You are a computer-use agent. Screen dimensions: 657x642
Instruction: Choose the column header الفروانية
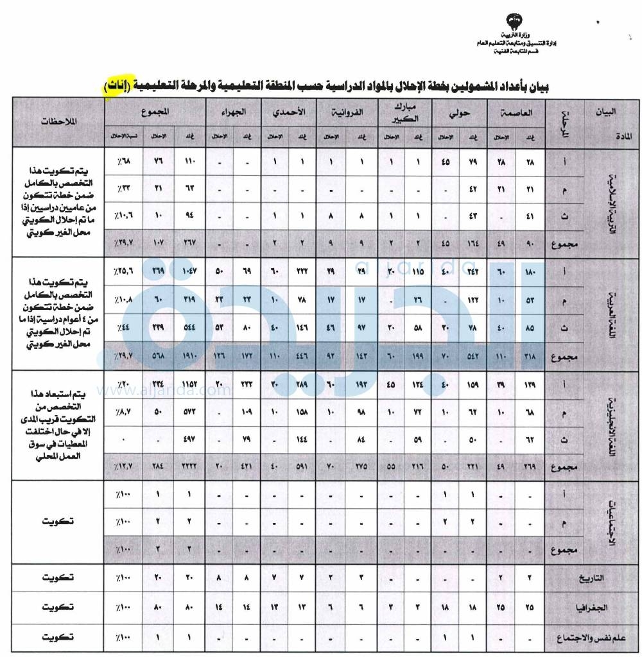pos(347,111)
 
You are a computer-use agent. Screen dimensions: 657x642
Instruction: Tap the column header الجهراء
pos(236,111)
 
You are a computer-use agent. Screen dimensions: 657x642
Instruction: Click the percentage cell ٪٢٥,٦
pos(123,273)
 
